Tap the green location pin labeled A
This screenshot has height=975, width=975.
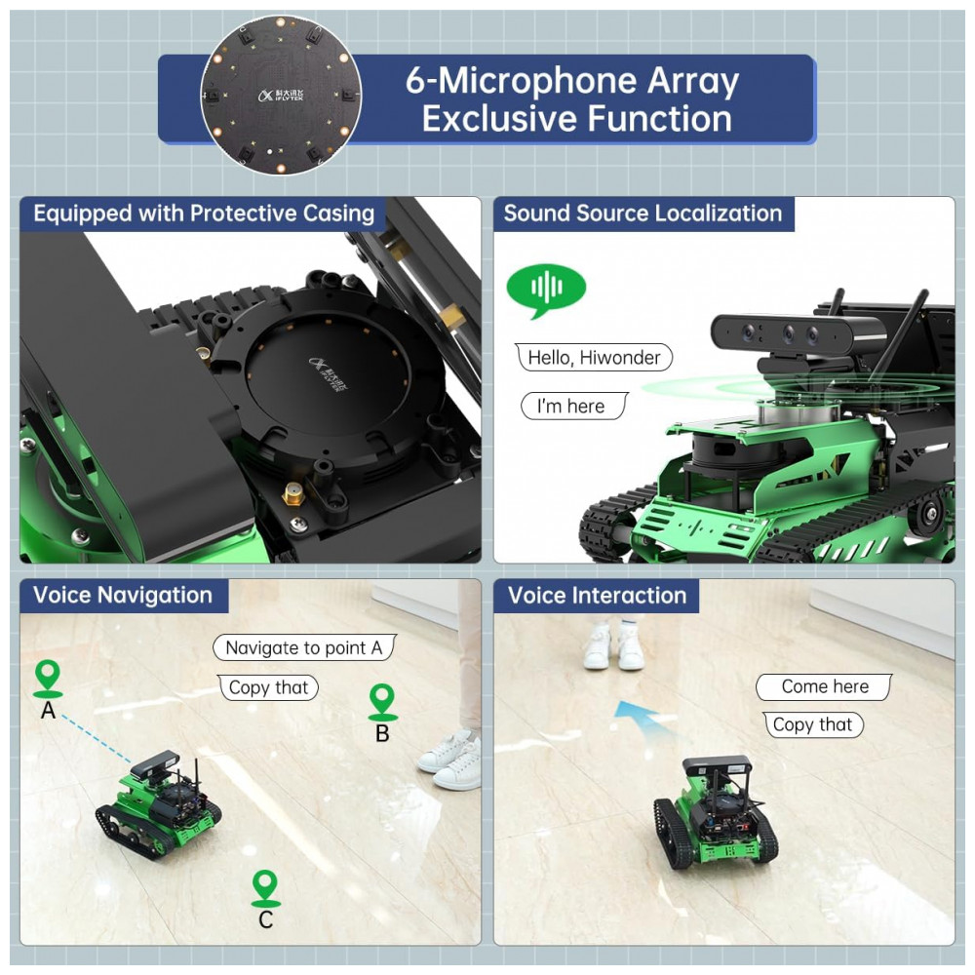(48, 675)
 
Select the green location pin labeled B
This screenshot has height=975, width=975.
(382, 699)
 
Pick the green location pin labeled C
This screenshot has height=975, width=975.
(265, 885)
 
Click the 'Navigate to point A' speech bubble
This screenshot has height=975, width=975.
(304, 647)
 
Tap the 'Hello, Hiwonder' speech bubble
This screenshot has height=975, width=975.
(594, 358)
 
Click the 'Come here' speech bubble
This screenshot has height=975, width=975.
(824, 686)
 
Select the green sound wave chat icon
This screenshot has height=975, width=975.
(546, 290)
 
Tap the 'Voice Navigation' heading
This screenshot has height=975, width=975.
(123, 596)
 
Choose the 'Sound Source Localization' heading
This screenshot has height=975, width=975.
(643, 214)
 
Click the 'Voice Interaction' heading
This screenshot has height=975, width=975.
(597, 596)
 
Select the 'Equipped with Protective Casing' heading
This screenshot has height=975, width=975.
(204, 214)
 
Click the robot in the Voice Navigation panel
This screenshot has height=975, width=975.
(159, 801)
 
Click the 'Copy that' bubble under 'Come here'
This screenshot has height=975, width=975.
(812, 724)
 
